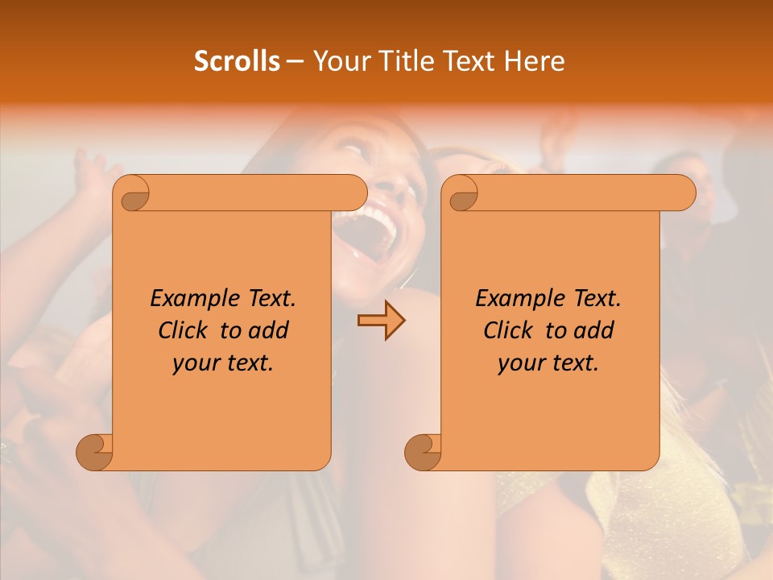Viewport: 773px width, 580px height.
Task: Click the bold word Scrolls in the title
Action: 237,61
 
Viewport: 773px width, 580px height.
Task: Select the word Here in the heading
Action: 535,61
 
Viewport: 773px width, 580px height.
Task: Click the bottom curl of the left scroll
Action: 95,452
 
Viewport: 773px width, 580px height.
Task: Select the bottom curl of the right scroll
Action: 423,452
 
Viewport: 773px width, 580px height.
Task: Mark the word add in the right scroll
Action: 596,330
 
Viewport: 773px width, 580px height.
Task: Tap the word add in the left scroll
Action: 271,330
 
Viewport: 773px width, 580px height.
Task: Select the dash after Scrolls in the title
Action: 296,61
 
